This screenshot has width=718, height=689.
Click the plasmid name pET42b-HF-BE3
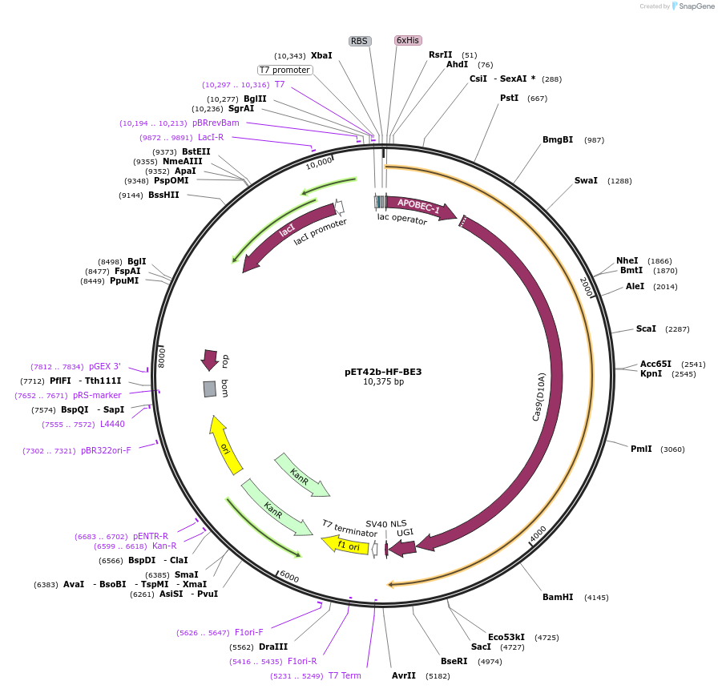[383, 372]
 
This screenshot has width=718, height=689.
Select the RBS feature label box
[359, 41]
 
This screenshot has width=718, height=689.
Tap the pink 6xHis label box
[408, 40]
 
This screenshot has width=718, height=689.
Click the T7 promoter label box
[284, 70]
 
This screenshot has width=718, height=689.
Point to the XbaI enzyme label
[321, 56]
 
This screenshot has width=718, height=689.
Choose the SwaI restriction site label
[586, 180]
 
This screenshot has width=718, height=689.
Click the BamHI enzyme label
[558, 597]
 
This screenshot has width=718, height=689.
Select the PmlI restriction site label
[641, 449]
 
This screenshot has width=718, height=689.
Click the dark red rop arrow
[210, 360]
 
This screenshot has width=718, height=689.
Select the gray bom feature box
[210, 389]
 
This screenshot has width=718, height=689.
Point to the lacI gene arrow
[288, 232]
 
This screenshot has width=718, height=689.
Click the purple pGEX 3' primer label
[105, 366]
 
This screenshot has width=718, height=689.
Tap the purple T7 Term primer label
[345, 675]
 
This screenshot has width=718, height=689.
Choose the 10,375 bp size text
[383, 382]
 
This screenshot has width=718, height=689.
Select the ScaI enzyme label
[646, 328]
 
